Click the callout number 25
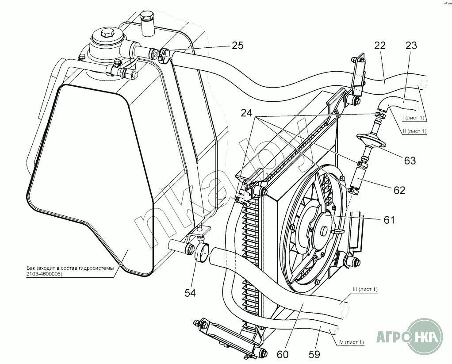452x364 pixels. click(237, 46)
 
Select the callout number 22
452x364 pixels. click(380, 46)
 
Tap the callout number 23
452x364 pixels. click(411, 46)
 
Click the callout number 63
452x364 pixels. click(410, 161)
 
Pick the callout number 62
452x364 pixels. click(399, 190)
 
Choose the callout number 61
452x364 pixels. click(389, 220)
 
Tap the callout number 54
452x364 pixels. click(190, 293)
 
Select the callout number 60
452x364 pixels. click(282, 354)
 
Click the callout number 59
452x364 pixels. click(314, 354)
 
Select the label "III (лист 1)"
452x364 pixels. click(365, 289)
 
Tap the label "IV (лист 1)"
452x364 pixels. click(351, 342)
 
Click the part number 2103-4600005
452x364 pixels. click(44, 274)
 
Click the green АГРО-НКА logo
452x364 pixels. click(410, 336)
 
